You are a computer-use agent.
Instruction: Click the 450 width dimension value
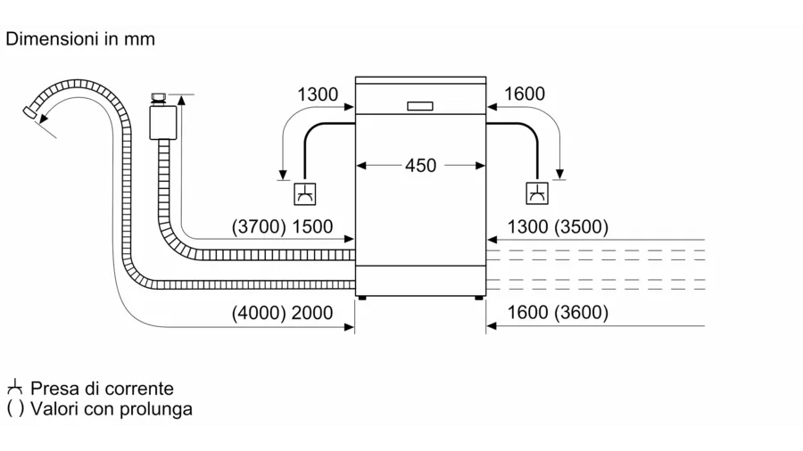pos(421,166)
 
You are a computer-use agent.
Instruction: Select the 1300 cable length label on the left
pos(317,94)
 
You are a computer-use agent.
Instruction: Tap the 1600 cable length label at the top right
pos(525,94)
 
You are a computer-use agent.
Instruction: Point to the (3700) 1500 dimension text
pos(282,227)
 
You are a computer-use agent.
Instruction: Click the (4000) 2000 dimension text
pos(282,313)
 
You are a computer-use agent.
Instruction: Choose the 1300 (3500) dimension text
pos(557,227)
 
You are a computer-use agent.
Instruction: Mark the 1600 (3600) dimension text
pos(557,313)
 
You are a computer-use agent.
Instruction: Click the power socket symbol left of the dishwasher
pos(305,193)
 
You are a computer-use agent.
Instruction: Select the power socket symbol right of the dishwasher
pos(538,193)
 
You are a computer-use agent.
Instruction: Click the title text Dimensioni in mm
pos(80,39)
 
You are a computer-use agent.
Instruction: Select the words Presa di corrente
pos(102,389)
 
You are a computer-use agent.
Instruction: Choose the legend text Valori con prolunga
pos(111,409)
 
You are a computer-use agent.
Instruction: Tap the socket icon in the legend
pos(13,389)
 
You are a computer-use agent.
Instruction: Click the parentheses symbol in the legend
pos(14,409)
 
